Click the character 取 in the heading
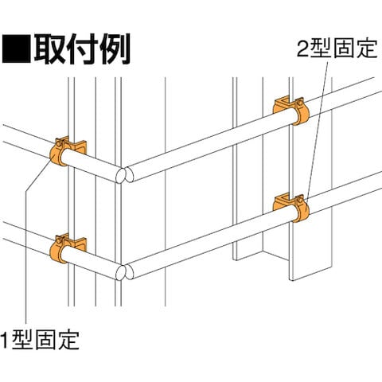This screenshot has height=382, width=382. [x=49, y=49]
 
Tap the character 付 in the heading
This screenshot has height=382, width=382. [x=82, y=49]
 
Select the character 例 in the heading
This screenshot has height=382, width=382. [x=115, y=49]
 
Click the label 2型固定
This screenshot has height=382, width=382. [x=337, y=49]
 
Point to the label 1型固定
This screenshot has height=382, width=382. [x=40, y=340]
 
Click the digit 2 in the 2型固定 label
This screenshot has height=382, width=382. [x=302, y=49]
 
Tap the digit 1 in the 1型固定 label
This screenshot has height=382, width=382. [x=6, y=340]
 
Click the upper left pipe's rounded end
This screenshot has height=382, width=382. [x=120, y=175]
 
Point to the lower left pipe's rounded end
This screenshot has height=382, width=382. [x=120, y=272]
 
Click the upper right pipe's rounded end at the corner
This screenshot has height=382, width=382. [x=129, y=174]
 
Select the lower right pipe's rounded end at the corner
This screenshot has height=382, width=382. [x=129, y=271]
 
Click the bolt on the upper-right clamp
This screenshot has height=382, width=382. [x=300, y=102]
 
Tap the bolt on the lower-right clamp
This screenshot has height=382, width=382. [x=300, y=199]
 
